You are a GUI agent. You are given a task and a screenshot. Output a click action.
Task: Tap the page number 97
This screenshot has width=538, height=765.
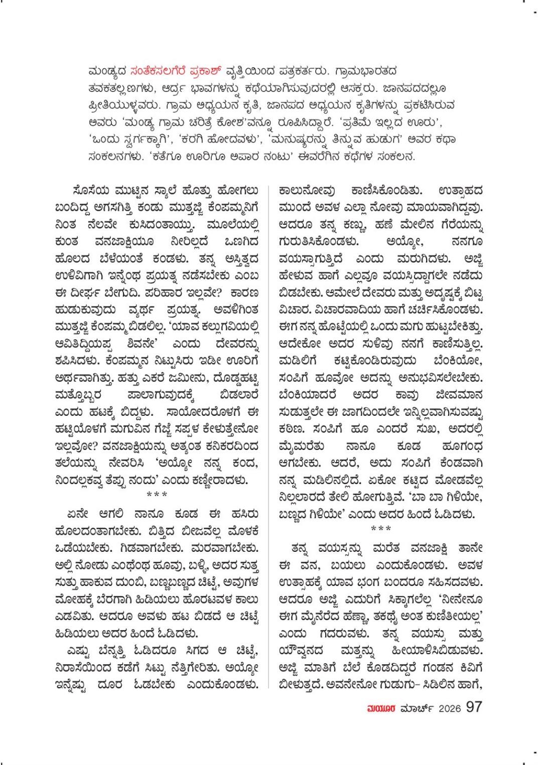point(474,707)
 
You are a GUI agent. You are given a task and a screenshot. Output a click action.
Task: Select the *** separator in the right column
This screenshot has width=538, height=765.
point(381,528)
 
